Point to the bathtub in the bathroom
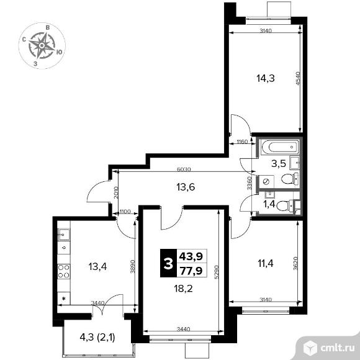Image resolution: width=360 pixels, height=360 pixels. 277,148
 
